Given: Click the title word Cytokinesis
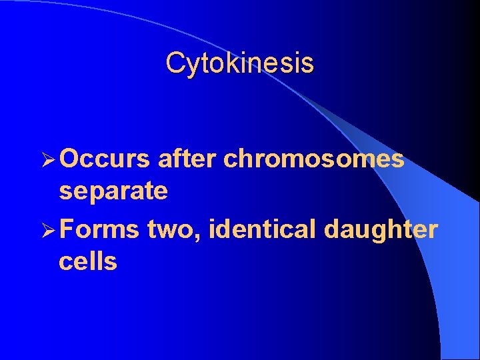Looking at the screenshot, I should tap(239, 64).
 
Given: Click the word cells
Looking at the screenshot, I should tap(88, 262).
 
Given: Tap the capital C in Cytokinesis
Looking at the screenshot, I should tap(175, 64).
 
